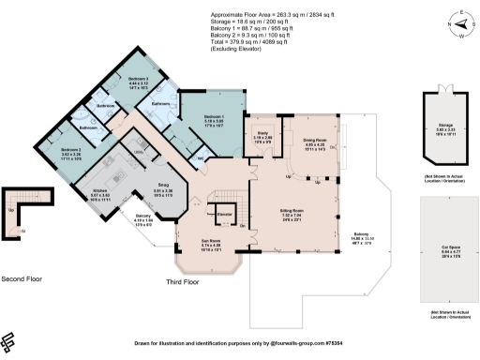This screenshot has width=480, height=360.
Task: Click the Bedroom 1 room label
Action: coord(214,116)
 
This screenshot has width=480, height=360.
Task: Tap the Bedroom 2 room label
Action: coord(72,150)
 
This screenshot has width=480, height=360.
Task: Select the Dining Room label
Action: coord(314,139)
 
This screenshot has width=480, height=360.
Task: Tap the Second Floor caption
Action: coord(22,279)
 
